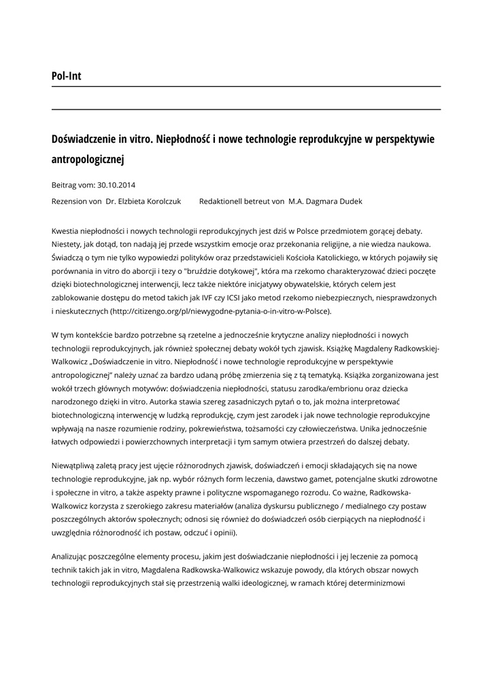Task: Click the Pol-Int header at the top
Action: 66,76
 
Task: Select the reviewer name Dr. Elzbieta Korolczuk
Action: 143,201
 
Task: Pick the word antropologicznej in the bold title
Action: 88,160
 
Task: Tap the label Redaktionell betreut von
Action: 241,201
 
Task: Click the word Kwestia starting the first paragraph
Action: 67,232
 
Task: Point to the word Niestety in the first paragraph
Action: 67,245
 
